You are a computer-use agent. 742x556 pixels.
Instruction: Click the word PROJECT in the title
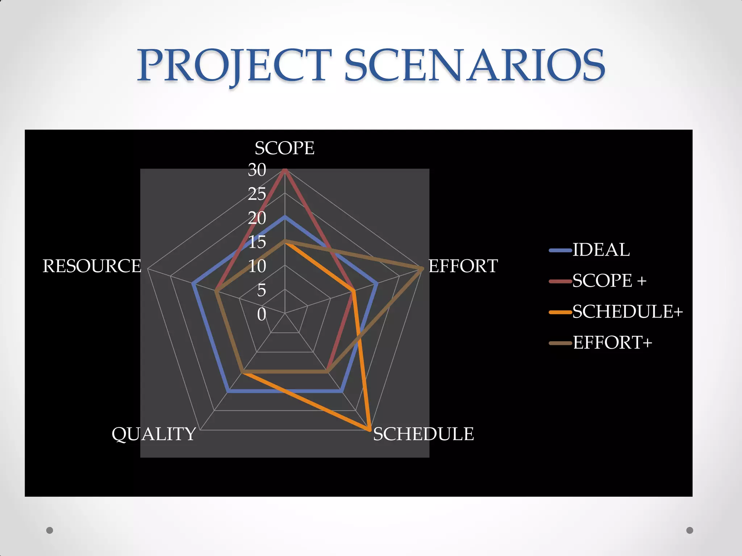click(x=234, y=66)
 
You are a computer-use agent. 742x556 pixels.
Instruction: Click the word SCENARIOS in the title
click(x=475, y=66)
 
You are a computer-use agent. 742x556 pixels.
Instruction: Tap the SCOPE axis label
click(x=284, y=148)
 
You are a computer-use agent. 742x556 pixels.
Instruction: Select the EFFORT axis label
click(x=463, y=266)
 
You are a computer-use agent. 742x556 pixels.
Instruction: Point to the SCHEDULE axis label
click(x=423, y=434)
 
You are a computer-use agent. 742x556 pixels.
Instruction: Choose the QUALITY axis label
click(x=154, y=434)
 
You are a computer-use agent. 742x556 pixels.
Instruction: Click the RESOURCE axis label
click(x=92, y=266)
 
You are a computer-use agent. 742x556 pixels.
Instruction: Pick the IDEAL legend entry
click(x=601, y=250)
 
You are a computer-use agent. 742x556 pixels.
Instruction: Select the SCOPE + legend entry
click(x=609, y=281)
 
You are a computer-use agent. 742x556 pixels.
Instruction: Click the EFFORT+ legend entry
click(x=612, y=342)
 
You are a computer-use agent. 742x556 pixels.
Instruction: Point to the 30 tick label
click(x=257, y=170)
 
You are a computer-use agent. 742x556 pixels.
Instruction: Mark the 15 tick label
click(x=257, y=242)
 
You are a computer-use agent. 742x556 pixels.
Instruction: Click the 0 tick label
click(x=262, y=314)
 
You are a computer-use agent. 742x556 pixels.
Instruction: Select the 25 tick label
click(x=257, y=194)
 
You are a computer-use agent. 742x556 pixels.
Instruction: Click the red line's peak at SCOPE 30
click(x=285, y=170)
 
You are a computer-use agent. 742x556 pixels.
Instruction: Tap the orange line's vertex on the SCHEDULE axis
click(x=369, y=430)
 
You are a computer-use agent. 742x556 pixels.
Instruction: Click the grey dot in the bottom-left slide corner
click(x=50, y=530)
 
